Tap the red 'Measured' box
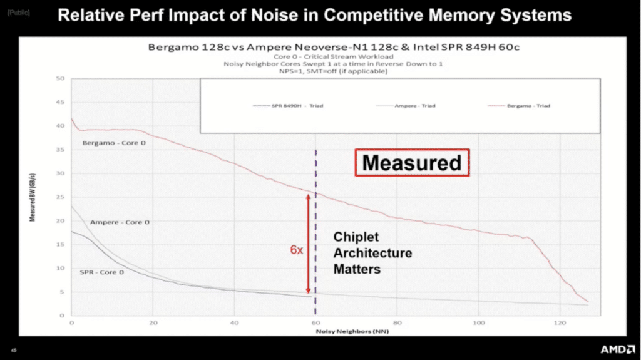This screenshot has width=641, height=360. [x=412, y=163]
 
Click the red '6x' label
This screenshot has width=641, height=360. [x=297, y=249]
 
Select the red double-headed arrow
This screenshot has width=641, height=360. [x=308, y=244]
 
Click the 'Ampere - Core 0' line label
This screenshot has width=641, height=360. [x=120, y=222]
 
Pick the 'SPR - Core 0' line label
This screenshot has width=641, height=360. [x=101, y=272]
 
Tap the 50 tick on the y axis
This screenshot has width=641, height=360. [x=61, y=79]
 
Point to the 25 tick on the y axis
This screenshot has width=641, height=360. [x=61, y=197]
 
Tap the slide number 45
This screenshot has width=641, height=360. [x=14, y=349]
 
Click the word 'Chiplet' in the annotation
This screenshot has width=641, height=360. [x=356, y=238]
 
